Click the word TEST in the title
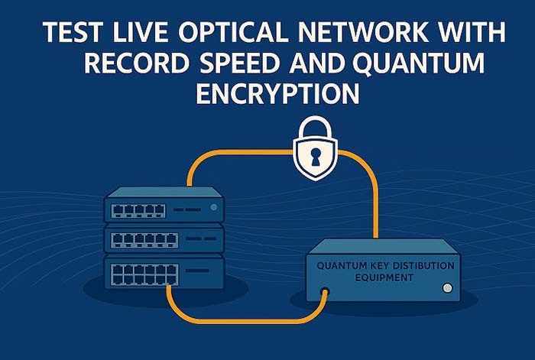point(73,32)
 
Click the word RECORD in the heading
point(137,63)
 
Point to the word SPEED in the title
point(240,63)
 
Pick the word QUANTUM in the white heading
point(419,63)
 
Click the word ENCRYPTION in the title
point(277,94)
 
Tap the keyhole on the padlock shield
point(315,156)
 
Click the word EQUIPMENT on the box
point(384,277)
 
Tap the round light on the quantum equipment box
point(447,288)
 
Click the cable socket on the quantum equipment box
point(325,292)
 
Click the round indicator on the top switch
point(214,207)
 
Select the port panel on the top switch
point(138,211)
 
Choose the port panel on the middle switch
point(144,241)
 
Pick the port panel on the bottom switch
point(144,274)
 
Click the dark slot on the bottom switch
point(197,271)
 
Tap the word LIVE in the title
point(141,32)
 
